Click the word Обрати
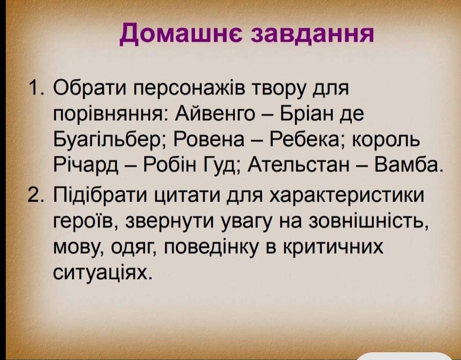[91, 88]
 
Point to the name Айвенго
[215, 114]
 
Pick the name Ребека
[309, 140]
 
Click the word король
[386, 140]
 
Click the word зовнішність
[368, 222]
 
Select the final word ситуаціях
[103, 273]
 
